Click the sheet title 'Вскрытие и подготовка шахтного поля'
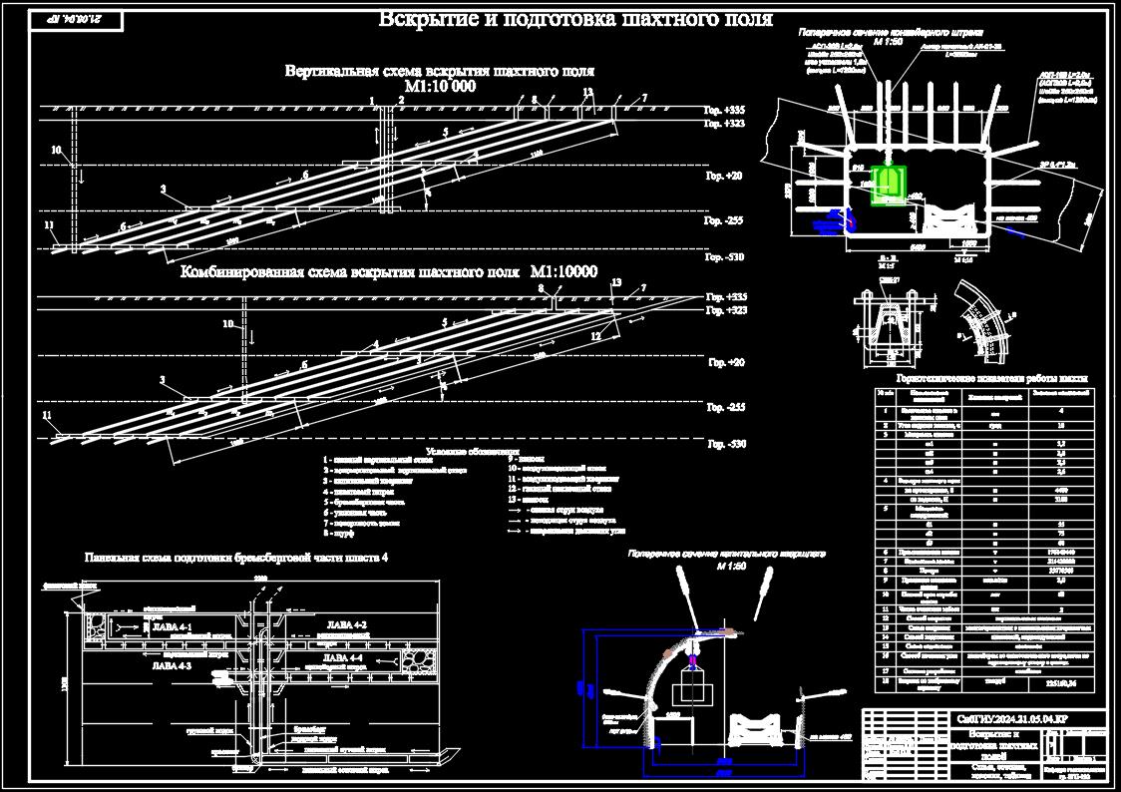(575, 20)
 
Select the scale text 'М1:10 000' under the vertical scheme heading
(439, 87)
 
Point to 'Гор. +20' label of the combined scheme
(725, 362)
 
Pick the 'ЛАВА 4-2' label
(347, 625)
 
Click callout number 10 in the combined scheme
(227, 323)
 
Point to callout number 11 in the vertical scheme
(49, 225)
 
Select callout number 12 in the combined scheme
(595, 336)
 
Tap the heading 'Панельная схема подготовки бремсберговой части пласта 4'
(235, 558)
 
